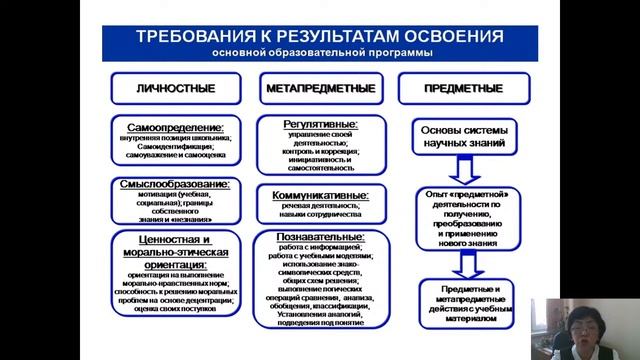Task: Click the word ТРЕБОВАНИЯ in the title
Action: (x=189, y=36)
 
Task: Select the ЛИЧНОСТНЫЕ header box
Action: (x=176, y=88)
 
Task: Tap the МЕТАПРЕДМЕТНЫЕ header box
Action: (x=321, y=88)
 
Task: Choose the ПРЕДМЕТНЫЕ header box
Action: (x=464, y=88)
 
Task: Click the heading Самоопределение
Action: (x=176, y=127)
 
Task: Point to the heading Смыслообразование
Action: (x=176, y=185)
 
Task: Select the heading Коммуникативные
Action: (x=321, y=195)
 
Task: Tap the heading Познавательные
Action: (x=321, y=238)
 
